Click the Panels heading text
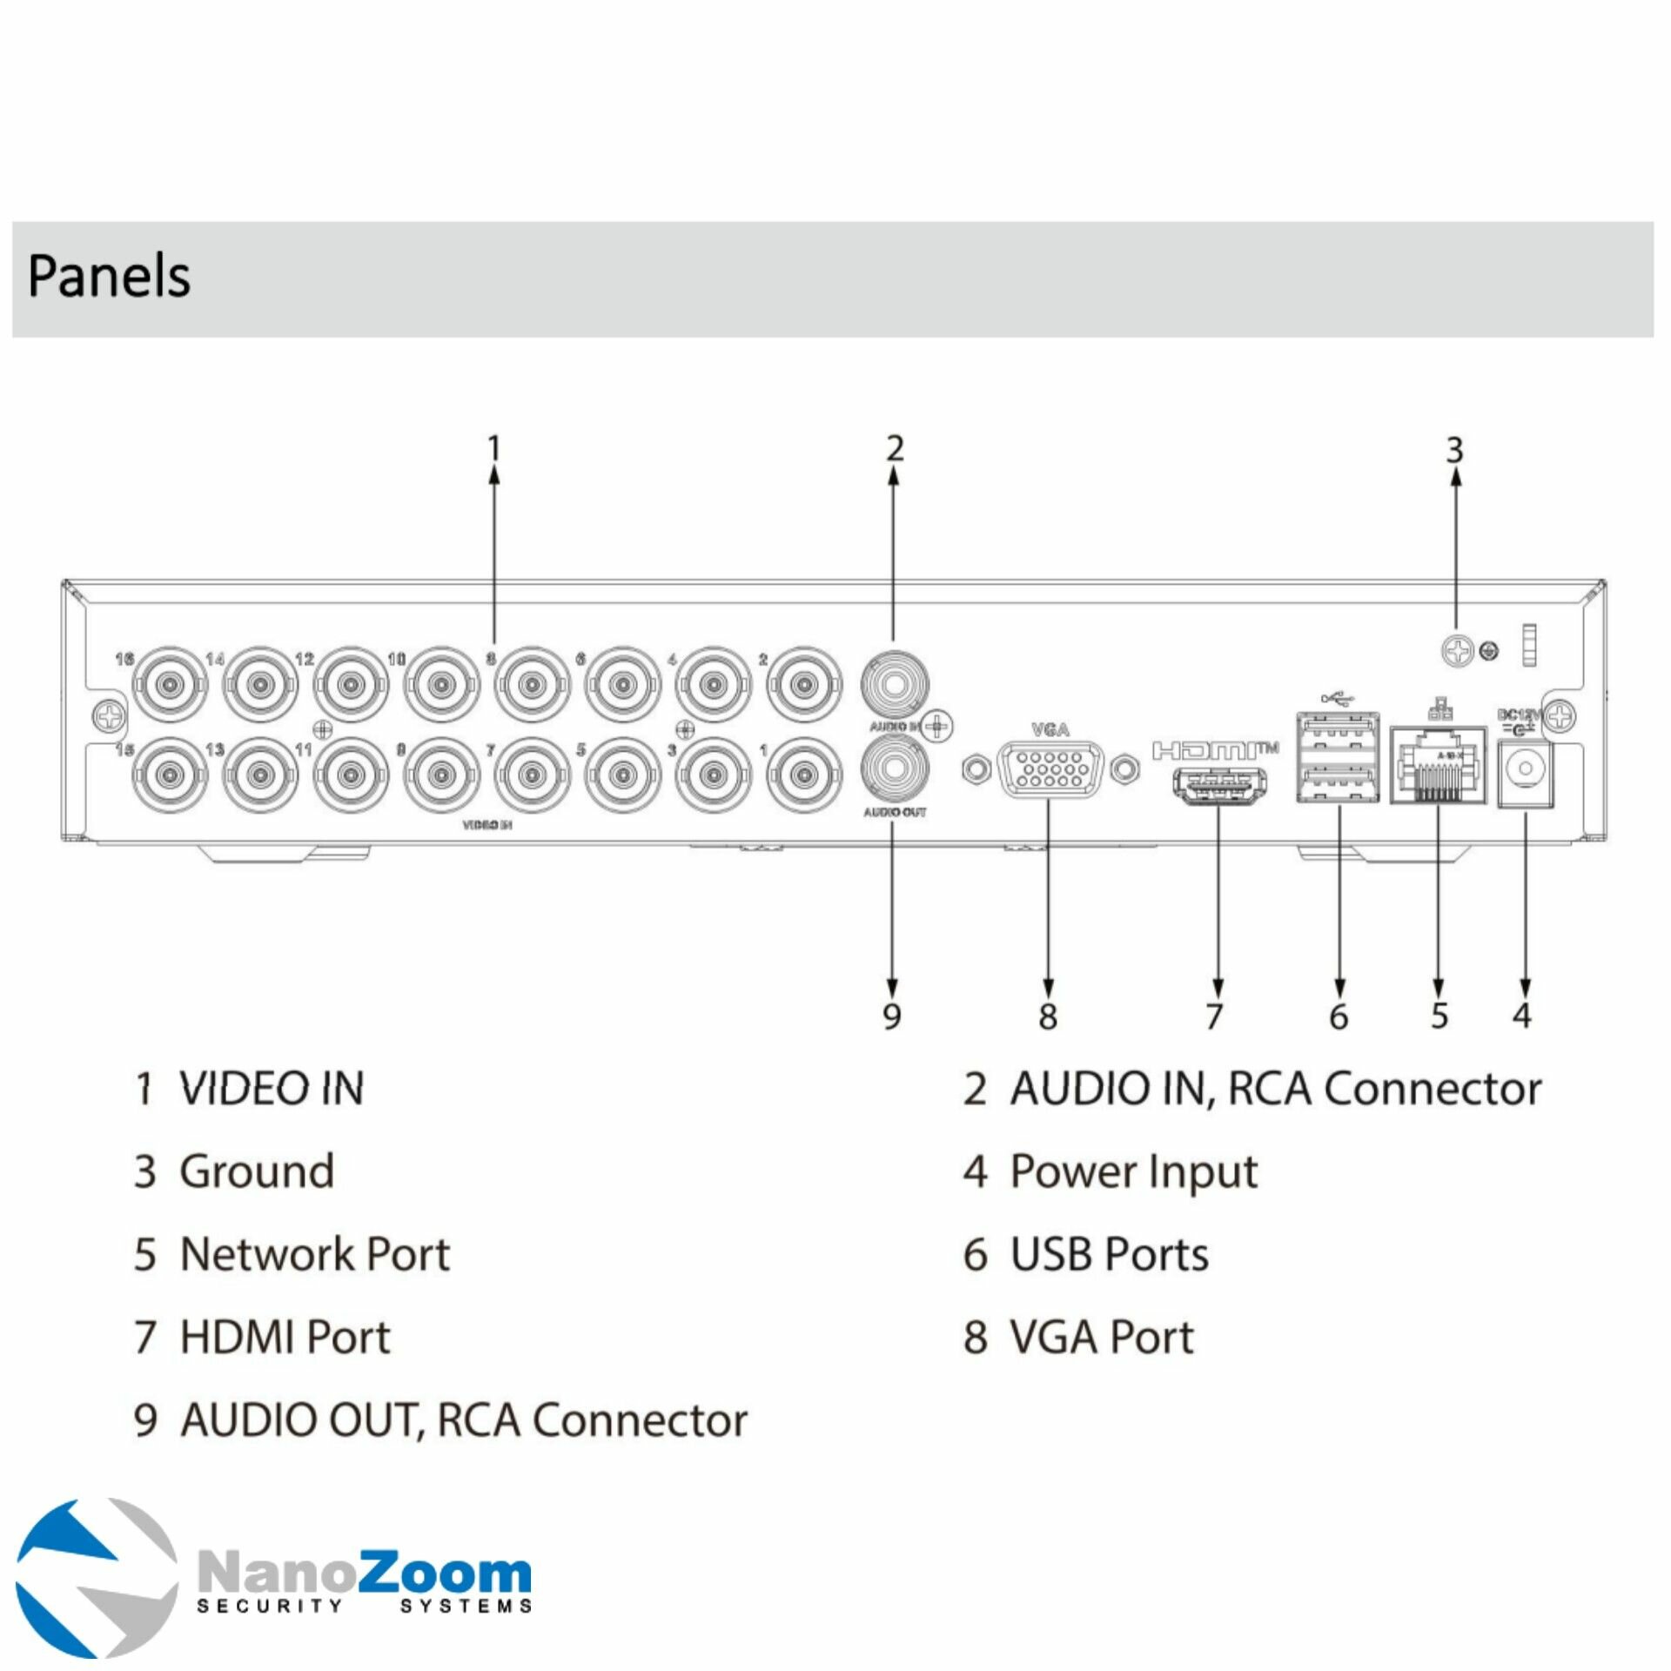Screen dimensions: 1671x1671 click(x=109, y=276)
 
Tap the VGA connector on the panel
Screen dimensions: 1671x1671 click(x=1050, y=768)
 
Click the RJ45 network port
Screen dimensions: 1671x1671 click(x=1437, y=766)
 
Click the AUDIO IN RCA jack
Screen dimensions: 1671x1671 click(x=894, y=682)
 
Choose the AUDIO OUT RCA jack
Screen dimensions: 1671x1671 click(x=894, y=768)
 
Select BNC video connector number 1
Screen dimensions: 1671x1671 click(x=803, y=774)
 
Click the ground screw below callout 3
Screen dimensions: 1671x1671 click(x=1458, y=650)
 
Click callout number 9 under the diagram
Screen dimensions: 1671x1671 click(x=892, y=1016)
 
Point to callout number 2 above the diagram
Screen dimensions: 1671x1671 click(x=895, y=449)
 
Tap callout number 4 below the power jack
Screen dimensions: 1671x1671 click(x=1522, y=1014)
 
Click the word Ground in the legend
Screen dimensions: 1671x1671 click(x=257, y=1171)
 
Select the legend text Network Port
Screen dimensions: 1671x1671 click(x=315, y=1254)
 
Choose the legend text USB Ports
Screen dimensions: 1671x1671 click(x=1110, y=1254)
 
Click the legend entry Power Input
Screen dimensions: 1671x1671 click(x=1133, y=1171)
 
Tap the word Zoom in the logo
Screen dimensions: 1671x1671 click(x=444, y=1573)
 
